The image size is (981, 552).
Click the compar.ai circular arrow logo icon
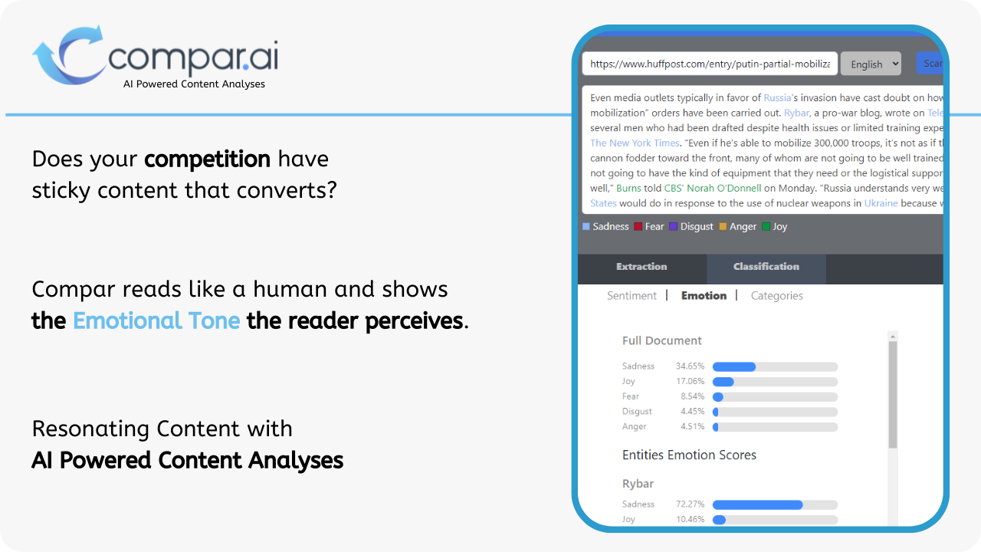point(67,55)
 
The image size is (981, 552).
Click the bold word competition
point(207,159)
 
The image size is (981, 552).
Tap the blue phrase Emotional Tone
point(156,320)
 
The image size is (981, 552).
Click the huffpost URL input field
point(709,64)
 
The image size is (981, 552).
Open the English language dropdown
point(871,64)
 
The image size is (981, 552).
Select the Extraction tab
point(641,267)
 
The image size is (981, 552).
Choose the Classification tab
point(766,267)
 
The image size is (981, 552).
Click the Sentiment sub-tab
point(632,296)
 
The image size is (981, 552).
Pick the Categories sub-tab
point(776,296)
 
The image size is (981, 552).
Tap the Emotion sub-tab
point(704,296)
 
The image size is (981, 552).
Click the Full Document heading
point(661,340)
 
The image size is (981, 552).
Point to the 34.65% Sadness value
point(690,366)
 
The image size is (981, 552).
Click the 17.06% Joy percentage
point(690,381)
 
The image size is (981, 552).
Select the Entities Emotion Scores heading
point(689,455)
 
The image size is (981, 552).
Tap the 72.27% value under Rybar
point(690,504)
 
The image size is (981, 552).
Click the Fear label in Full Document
point(631,396)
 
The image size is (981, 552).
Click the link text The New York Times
point(635,143)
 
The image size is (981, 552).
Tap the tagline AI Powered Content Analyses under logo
point(194,84)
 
